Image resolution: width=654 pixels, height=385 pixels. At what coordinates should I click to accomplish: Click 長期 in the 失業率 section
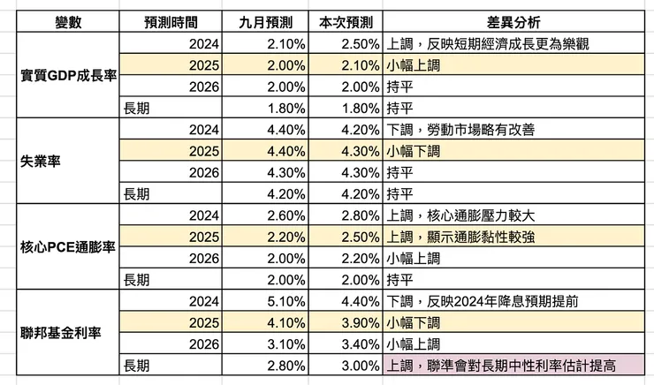click(136, 194)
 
